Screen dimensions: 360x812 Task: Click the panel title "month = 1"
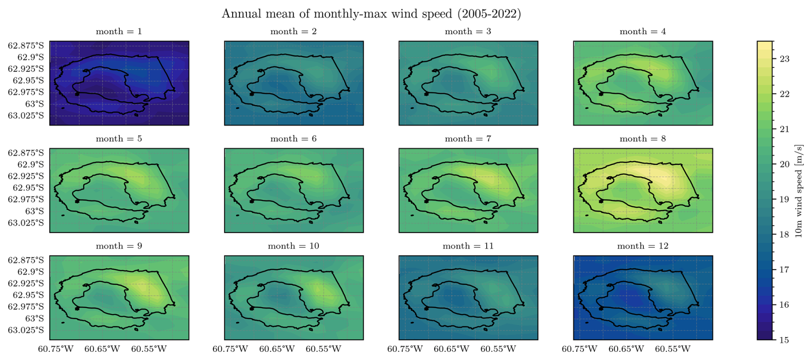tap(119, 32)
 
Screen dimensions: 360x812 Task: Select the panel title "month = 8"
tap(642, 139)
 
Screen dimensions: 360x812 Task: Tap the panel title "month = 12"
tap(642, 246)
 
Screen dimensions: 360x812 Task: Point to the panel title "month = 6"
tap(294, 139)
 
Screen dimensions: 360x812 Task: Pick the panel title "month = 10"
tap(294, 246)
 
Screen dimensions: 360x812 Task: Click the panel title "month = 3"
tap(468, 32)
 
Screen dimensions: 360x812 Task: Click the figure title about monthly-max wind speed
tap(371, 14)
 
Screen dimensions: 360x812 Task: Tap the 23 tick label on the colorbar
tap(784, 59)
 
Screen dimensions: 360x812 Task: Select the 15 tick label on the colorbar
tap(784, 340)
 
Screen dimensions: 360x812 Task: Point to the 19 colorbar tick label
tap(784, 200)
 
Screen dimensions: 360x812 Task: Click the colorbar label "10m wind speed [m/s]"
tap(798, 191)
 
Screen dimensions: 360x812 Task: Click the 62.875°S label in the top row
tap(26, 45)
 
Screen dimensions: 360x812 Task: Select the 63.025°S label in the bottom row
tap(26, 330)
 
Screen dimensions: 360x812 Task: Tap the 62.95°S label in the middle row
tap(28, 188)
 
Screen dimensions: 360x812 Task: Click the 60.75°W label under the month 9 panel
tap(56, 349)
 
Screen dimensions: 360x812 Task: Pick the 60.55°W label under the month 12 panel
tap(673, 349)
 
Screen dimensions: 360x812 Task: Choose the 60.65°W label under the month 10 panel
tap(277, 349)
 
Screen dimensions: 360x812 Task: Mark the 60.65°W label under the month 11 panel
tap(451, 349)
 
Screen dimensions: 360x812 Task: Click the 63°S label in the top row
tap(34, 104)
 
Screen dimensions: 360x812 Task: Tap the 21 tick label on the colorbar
tap(784, 129)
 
